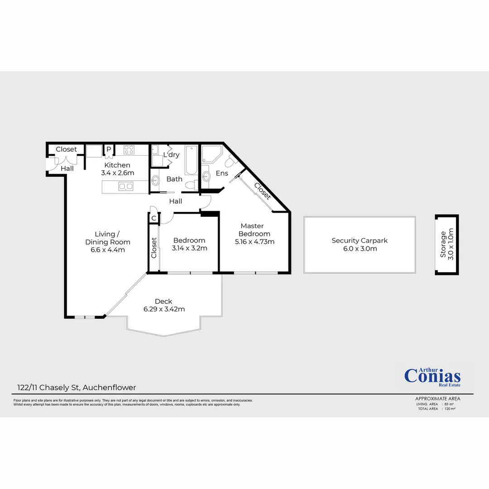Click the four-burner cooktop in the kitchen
[x=129, y=149]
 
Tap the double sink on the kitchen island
[x=125, y=186]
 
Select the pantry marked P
[x=109, y=149]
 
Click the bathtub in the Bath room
[x=192, y=160]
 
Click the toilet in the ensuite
[x=230, y=161]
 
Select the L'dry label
[x=172, y=155]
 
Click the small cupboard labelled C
[x=153, y=218]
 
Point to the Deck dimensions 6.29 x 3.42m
[x=164, y=309]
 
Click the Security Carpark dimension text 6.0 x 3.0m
[x=360, y=249]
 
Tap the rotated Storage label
[x=443, y=244]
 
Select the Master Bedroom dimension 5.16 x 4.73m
[x=254, y=242]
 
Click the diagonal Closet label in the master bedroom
[x=263, y=191]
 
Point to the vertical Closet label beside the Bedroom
[x=154, y=248]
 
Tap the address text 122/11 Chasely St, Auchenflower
[x=74, y=388]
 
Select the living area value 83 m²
[x=450, y=404]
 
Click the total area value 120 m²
[x=450, y=409]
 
